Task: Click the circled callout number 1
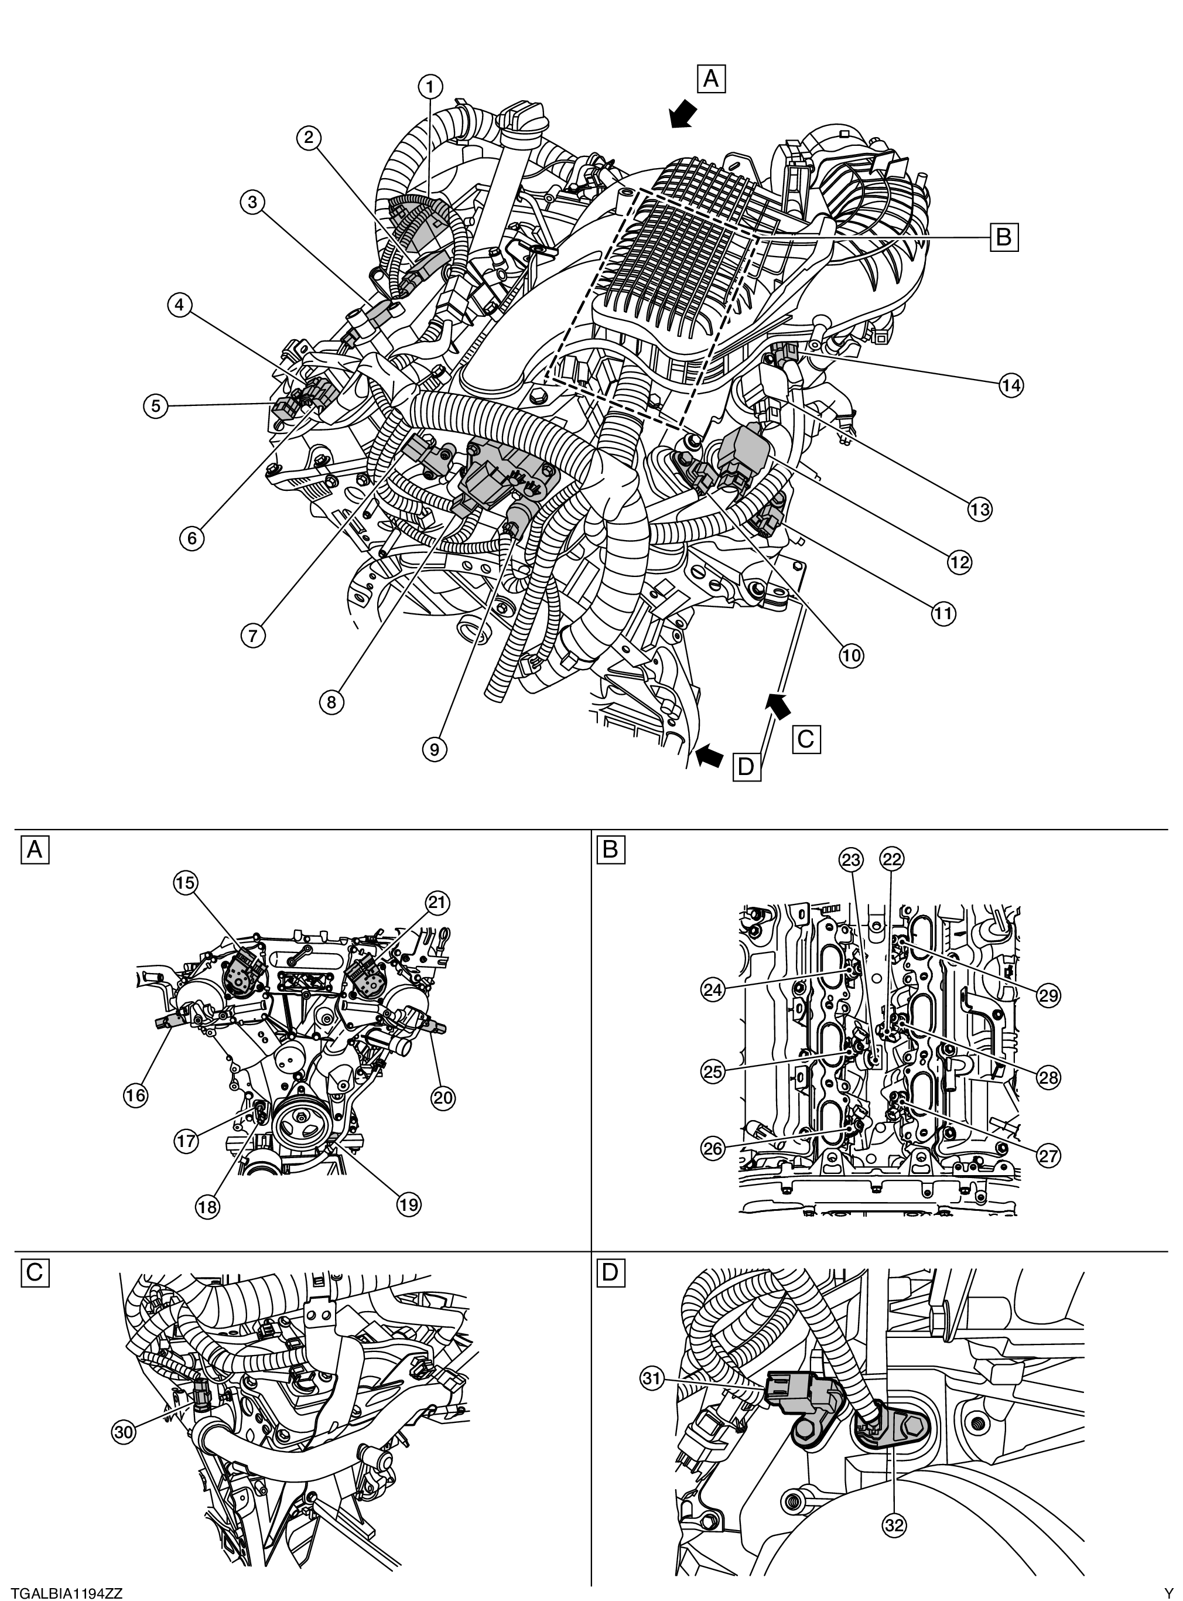430,87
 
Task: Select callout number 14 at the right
1012,385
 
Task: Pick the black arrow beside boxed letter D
710,755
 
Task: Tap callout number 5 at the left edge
155,406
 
